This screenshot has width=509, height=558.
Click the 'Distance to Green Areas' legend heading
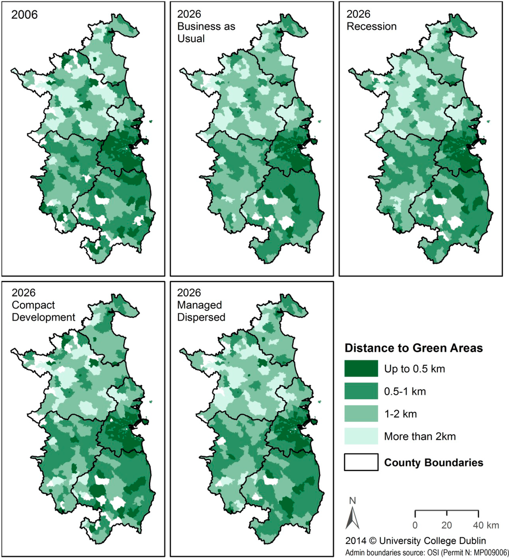(414, 348)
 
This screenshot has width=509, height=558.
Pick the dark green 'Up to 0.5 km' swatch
(361, 369)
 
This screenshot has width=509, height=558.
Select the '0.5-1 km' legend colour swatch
(361, 391)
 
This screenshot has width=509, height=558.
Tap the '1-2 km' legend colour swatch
(361, 414)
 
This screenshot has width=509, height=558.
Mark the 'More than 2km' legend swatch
(361, 436)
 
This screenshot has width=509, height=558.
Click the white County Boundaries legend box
(361, 462)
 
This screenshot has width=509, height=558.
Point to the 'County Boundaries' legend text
(434, 463)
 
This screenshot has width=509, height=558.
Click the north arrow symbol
(352, 519)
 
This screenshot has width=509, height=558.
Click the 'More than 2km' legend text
(419, 437)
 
